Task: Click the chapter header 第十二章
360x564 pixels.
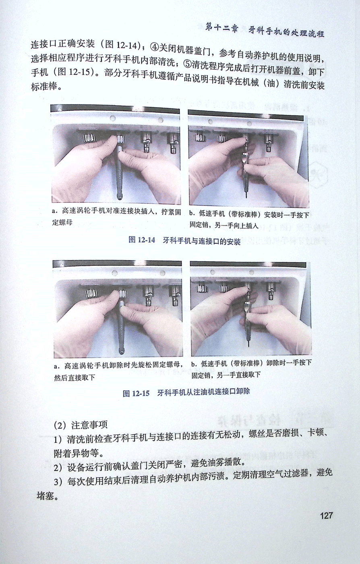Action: click(x=221, y=27)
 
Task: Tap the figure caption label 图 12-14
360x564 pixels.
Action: click(x=142, y=239)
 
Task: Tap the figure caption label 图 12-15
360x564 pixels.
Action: click(x=136, y=393)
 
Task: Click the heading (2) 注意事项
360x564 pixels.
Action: click(x=81, y=425)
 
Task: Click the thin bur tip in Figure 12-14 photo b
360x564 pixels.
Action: click(x=246, y=194)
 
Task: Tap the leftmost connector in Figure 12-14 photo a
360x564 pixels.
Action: click(x=89, y=138)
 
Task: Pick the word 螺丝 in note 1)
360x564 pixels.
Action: click(x=257, y=433)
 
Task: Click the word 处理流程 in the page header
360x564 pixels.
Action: click(x=307, y=32)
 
